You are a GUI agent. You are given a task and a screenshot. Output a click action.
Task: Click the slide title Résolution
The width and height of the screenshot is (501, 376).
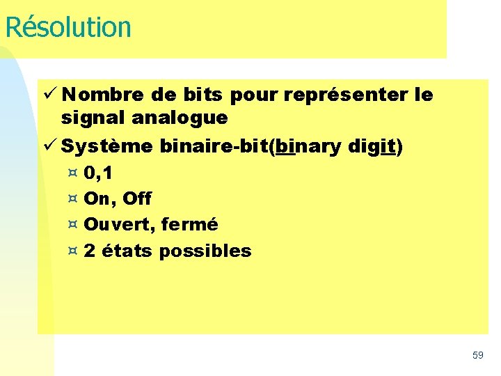[67, 27]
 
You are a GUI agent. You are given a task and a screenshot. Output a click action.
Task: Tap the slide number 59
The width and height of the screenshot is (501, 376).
[478, 355]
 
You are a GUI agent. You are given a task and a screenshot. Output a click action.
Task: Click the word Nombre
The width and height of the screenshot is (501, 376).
[102, 94]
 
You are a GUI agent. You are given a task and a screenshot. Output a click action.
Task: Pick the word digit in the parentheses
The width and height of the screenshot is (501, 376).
[375, 146]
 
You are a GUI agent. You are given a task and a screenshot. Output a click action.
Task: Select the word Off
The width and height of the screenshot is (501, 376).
[136, 198]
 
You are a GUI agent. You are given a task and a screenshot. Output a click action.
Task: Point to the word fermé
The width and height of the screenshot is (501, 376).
[189, 224]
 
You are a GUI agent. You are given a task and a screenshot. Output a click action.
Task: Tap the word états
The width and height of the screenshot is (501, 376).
[127, 251]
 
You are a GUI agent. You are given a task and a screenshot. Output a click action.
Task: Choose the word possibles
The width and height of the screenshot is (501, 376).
[205, 251]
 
